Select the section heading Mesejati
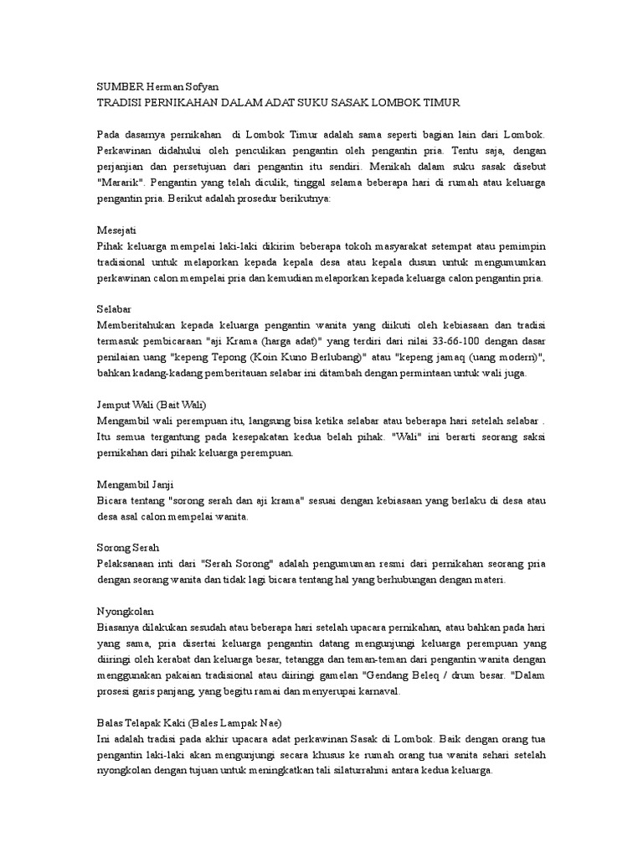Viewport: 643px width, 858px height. pyautogui.click(x=117, y=230)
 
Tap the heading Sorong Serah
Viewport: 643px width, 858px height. pyautogui.click(x=126, y=549)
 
